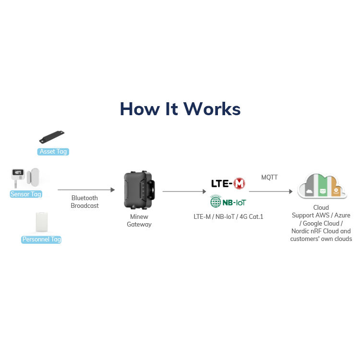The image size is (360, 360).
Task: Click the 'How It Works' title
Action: point(180,109)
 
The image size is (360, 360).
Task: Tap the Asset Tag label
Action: point(53,152)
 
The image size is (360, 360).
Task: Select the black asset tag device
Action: point(52,137)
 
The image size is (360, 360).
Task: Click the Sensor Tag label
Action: point(26,194)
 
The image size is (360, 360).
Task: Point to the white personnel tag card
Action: point(42,222)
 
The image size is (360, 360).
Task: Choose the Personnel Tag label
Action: point(41,240)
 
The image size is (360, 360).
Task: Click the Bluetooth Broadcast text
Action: point(84,202)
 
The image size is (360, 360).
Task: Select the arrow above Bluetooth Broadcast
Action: point(86,190)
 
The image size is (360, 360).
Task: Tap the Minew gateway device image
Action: point(139,190)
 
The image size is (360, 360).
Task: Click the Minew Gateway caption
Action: point(139,220)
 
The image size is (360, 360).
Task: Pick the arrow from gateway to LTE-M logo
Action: point(184,192)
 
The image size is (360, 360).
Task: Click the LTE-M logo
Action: point(228,183)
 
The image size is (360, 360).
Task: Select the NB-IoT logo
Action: point(228,202)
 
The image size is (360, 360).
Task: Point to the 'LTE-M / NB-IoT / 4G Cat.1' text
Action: point(228,217)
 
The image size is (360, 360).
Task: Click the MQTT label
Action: point(269,178)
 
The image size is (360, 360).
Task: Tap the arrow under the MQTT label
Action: point(270,192)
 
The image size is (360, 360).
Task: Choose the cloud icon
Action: point(322,186)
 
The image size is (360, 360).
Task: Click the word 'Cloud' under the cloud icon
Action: point(321,208)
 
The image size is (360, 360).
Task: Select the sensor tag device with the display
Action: point(18,176)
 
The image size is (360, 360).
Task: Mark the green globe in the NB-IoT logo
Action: point(216,202)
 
